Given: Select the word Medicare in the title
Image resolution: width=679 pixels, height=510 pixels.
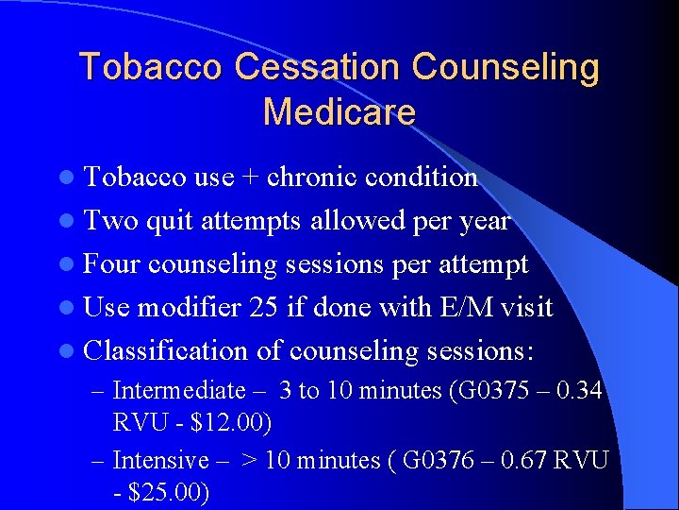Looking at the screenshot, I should pos(339,112).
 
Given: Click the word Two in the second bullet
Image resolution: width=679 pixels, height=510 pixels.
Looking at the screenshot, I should pos(110,221).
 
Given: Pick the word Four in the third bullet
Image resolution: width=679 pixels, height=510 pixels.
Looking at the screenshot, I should pos(113,264).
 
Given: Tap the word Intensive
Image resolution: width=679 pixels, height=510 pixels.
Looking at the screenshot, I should pos(160,461).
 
